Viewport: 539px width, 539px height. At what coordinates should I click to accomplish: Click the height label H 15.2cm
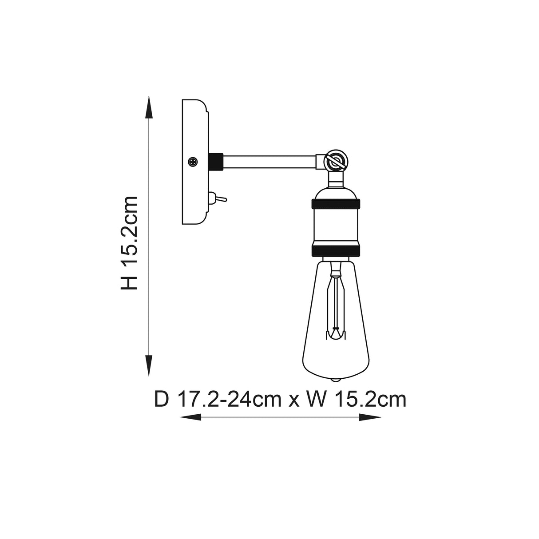pyautogui.click(x=130, y=243)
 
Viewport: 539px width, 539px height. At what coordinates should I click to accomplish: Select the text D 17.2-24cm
pyautogui.click(x=218, y=399)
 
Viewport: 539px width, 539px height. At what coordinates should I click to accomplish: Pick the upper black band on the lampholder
pyautogui.click(x=336, y=205)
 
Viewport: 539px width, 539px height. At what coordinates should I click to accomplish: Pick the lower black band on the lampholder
pyautogui.click(x=336, y=250)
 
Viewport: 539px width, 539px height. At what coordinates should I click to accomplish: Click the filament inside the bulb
pyautogui.click(x=336, y=306)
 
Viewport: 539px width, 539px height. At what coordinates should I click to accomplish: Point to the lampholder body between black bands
pyautogui.click(x=336, y=227)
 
